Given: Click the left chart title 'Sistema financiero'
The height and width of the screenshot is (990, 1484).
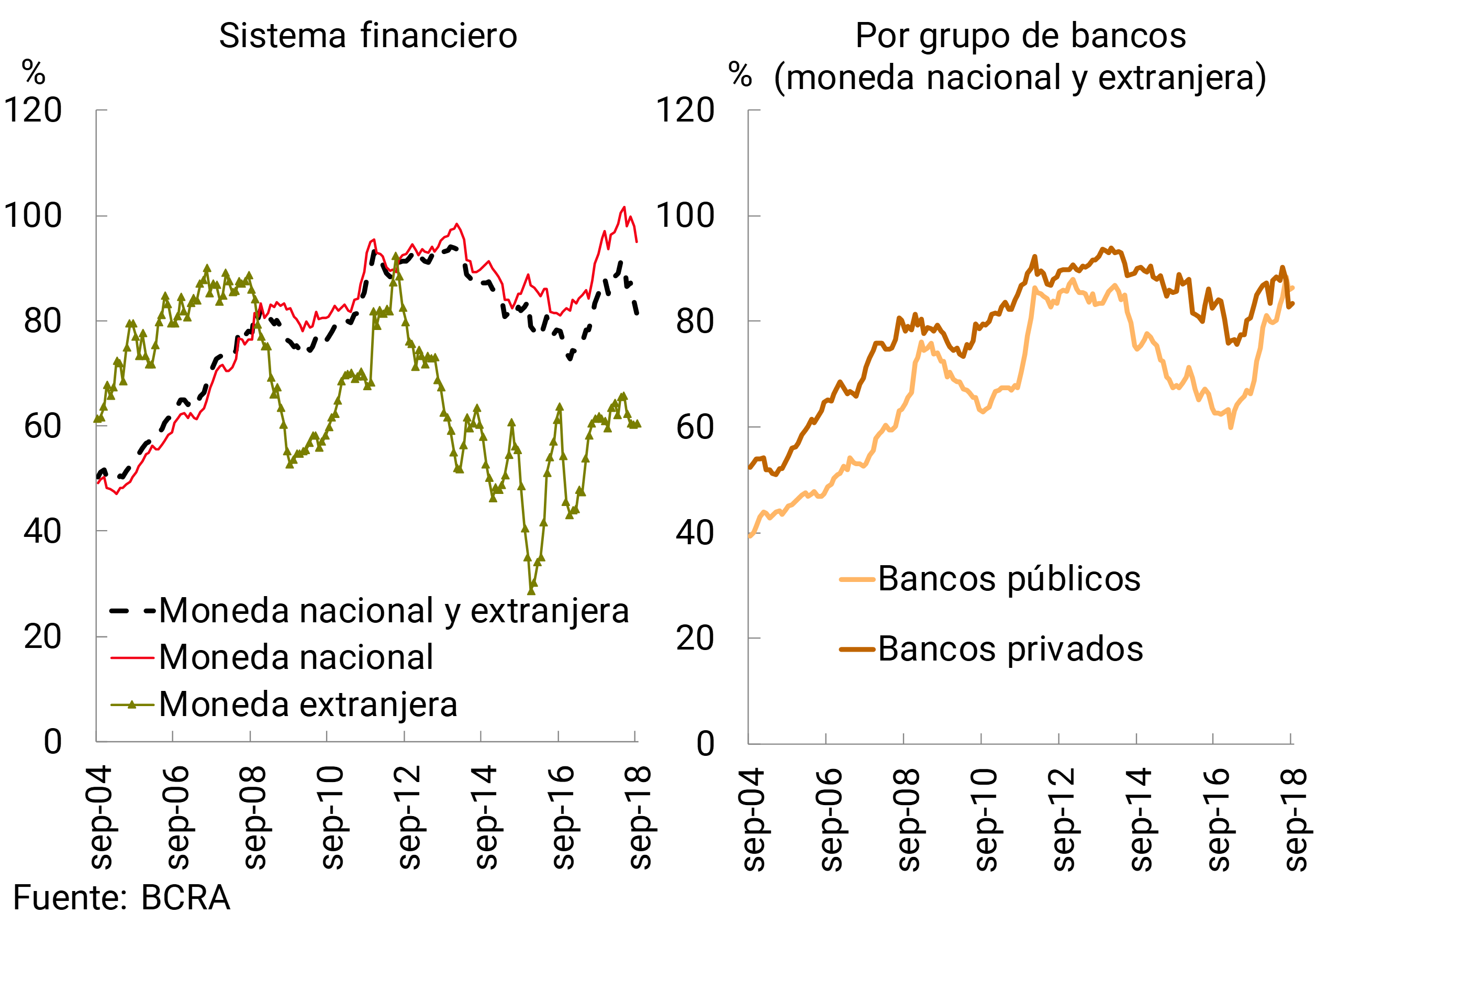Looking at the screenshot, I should [368, 36].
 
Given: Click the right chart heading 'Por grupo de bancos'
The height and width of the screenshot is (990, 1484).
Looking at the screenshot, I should [1020, 36].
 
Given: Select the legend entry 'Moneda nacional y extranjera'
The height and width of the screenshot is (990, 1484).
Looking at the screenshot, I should [394, 611].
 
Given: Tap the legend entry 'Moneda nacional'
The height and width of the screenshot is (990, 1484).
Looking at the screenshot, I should [296, 657].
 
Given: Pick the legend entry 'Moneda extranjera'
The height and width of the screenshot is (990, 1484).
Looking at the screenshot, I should [308, 705].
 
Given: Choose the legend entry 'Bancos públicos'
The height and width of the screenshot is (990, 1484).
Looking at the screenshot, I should [1009, 579].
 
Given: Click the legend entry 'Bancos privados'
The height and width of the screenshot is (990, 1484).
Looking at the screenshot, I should [1010, 649].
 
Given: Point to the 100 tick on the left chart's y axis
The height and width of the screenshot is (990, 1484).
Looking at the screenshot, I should [33, 216].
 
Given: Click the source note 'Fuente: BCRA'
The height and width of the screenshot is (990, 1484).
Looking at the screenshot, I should [121, 898].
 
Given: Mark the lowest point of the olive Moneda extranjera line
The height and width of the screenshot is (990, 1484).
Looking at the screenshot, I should [531, 591].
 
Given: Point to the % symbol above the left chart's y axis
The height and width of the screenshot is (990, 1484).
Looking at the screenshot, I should [34, 73].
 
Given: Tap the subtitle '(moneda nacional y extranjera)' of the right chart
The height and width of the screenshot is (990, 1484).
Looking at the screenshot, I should [1020, 78].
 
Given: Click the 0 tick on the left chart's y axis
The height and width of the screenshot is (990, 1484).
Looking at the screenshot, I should [53, 741].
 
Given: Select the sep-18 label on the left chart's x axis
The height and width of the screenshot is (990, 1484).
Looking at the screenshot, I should [640, 818].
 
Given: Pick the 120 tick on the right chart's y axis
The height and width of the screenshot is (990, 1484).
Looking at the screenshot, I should [685, 111].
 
